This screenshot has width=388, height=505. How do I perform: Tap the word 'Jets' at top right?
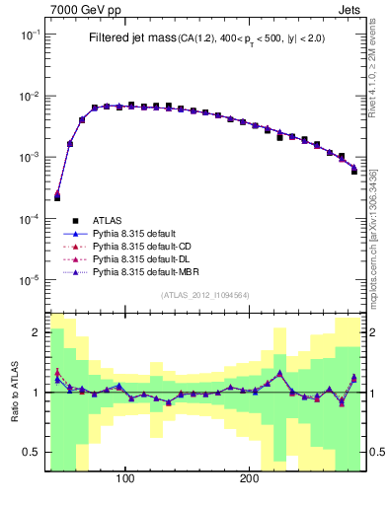coord(350,8)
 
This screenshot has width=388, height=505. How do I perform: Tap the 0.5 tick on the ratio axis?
coord(31,453)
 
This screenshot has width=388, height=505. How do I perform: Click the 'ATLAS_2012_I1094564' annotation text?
coord(205,295)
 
